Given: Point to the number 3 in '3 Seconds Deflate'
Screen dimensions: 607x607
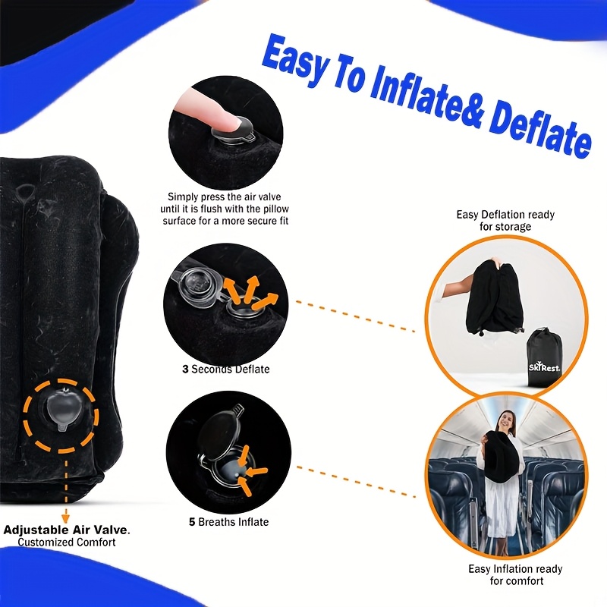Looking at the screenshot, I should tap(184, 370).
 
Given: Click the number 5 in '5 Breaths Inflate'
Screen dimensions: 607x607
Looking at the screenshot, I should tap(192, 522).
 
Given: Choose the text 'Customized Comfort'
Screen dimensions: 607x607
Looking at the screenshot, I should tap(67, 543).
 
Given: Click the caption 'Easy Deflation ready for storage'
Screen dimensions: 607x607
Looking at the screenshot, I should tap(505, 220).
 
